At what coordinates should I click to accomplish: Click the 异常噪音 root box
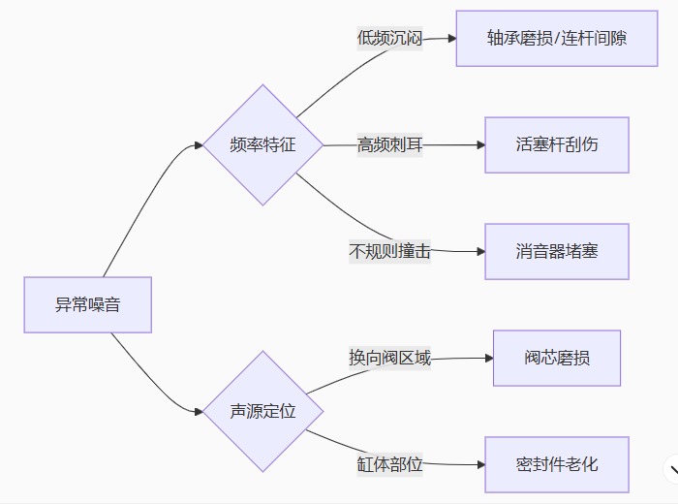click(87, 304)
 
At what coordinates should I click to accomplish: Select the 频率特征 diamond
click(262, 145)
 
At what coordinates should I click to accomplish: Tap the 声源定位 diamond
click(262, 411)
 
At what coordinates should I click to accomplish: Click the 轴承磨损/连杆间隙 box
click(556, 39)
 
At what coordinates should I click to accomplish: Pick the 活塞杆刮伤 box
click(556, 145)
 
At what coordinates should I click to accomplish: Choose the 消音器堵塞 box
click(556, 252)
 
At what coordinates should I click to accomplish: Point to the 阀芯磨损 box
click(556, 358)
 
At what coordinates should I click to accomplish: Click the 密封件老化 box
click(556, 464)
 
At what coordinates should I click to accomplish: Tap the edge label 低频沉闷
click(389, 39)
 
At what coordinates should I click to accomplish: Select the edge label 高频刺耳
click(389, 145)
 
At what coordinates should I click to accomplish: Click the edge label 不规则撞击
click(389, 252)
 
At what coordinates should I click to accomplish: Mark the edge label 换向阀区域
click(389, 358)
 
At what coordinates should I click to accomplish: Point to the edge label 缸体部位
click(389, 464)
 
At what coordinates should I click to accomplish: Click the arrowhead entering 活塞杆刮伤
click(479, 145)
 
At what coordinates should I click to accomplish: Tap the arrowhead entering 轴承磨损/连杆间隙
click(450, 39)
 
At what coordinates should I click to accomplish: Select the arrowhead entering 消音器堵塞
click(479, 252)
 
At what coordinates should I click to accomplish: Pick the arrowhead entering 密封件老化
click(479, 464)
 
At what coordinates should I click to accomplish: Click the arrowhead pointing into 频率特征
click(199, 145)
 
